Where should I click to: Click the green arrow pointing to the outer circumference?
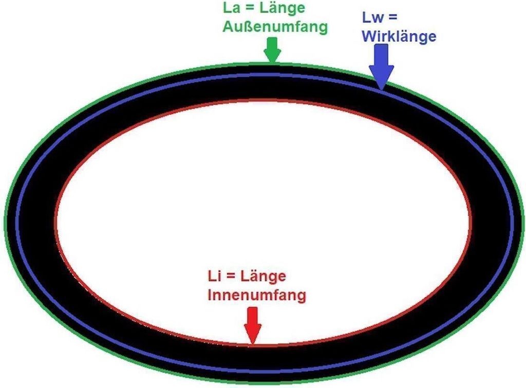272,50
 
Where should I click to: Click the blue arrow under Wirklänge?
382,67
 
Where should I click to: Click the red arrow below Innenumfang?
252,326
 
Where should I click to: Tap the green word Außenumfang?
275,27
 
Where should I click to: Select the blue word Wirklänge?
399,36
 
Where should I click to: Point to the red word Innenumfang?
257,295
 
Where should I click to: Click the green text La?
232,8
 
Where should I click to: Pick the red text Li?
214,276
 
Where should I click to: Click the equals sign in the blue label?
391,17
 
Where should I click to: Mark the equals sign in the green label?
250,8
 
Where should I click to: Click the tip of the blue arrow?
382,90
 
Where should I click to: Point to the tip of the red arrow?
252,345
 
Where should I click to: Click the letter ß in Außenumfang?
247,27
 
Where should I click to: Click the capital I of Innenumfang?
210,295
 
